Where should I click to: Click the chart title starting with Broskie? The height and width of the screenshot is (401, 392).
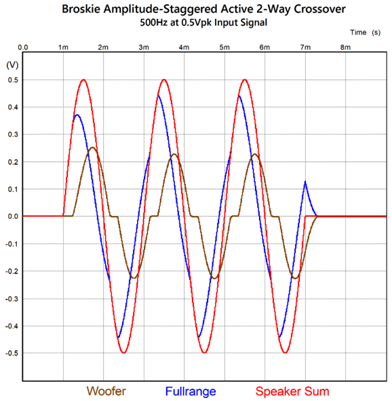click(x=204, y=9)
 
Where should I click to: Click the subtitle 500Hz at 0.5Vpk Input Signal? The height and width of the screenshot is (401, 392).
click(x=203, y=22)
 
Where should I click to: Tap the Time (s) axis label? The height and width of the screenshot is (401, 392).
click(x=365, y=33)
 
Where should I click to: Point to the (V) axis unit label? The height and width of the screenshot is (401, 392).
click(x=12, y=65)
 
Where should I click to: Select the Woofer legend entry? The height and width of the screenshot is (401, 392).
click(x=106, y=392)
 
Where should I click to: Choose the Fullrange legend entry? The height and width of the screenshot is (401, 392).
click(x=191, y=392)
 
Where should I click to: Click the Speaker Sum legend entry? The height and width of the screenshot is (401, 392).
click(x=292, y=392)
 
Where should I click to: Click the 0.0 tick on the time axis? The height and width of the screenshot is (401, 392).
click(x=23, y=47)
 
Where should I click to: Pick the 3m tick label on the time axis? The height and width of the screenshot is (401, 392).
click(x=144, y=47)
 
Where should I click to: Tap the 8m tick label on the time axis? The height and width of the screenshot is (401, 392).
click(x=345, y=47)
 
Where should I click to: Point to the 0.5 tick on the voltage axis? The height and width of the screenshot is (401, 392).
click(x=13, y=80)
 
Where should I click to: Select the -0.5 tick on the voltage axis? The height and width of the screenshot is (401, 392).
click(x=12, y=353)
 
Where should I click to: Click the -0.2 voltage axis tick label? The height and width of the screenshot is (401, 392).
click(x=12, y=272)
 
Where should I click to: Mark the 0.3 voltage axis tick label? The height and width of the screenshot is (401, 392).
click(x=13, y=135)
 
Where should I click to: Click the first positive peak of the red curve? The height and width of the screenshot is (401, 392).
click(x=83, y=80)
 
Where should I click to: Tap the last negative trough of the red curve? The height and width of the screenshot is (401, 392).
click(x=286, y=353)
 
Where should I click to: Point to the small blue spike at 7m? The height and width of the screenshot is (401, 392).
click(x=305, y=182)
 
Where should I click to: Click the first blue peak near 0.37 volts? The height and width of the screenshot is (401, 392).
click(x=77, y=115)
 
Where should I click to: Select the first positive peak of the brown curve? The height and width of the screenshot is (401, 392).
click(x=92, y=148)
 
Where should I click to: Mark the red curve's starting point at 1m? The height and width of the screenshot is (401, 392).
click(x=63, y=216)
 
